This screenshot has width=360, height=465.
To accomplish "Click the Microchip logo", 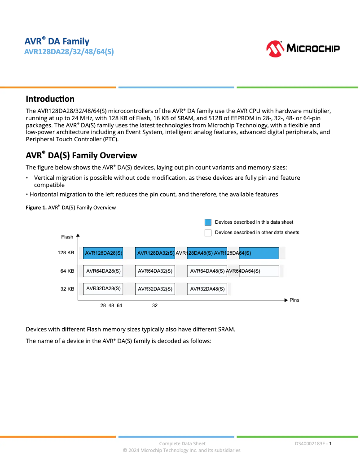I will [x=303, y=48].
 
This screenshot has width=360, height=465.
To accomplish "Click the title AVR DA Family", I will [x=57, y=42].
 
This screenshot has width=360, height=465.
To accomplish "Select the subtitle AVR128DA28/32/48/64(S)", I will [x=69, y=52].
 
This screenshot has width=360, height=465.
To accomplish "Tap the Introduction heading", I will [x=50, y=99].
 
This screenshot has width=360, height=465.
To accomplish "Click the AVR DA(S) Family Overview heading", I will [x=81, y=155].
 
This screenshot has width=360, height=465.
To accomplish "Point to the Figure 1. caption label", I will [x=36, y=207].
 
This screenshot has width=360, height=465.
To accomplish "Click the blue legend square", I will [x=208, y=222].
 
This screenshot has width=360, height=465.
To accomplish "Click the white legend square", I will [x=208, y=232].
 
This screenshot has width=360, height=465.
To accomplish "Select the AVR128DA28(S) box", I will [x=103, y=253].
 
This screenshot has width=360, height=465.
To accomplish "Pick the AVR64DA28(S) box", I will [x=103, y=271].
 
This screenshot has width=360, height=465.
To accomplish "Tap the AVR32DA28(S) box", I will [x=103, y=288].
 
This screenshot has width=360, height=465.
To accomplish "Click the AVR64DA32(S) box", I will [x=155, y=271].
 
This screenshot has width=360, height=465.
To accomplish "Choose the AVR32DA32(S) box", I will [x=155, y=289].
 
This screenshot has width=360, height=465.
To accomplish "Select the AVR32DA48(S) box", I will [x=207, y=289].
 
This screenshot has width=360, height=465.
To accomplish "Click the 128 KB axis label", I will [x=66, y=253].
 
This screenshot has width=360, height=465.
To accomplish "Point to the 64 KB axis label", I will [x=67, y=271].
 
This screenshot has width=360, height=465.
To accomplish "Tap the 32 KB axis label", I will [x=67, y=289].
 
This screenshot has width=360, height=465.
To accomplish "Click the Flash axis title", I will [x=67, y=237].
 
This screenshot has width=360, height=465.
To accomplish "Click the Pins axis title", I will [x=294, y=300].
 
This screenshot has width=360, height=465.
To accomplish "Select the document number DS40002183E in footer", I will [x=310, y=443].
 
